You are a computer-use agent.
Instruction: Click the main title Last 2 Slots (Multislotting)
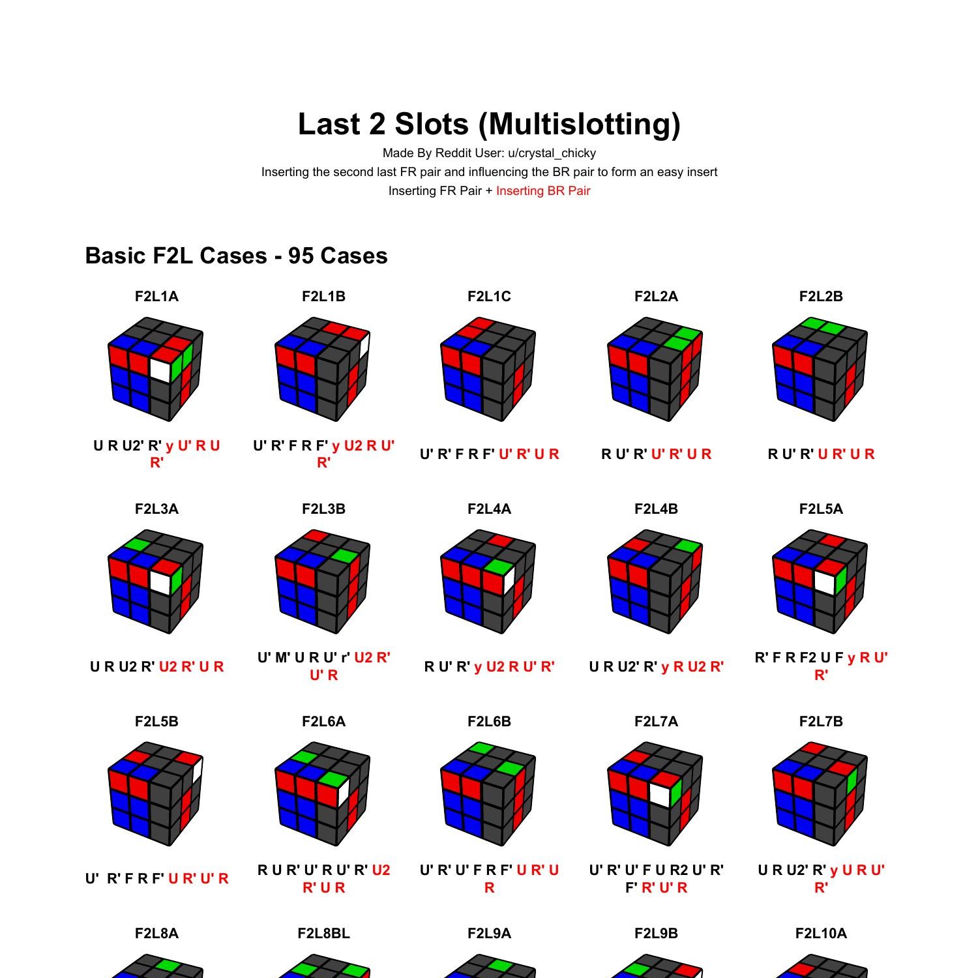click(489, 124)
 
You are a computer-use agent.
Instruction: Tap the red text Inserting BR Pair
click(543, 191)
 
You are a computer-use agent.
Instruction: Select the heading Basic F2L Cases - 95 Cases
click(236, 256)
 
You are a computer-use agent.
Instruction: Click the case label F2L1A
click(156, 297)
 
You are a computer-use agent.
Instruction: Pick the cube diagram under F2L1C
click(488, 369)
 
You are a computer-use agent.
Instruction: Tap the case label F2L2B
click(821, 297)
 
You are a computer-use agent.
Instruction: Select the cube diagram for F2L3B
click(323, 582)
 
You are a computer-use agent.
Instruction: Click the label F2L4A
click(489, 509)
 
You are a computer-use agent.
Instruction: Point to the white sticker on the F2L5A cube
click(825, 582)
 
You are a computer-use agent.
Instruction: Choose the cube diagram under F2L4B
click(655, 582)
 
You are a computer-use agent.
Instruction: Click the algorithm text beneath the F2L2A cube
click(656, 454)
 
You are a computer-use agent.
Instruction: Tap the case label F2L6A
click(323, 722)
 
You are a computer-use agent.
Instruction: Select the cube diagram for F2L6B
click(488, 794)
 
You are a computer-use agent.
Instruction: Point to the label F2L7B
click(821, 722)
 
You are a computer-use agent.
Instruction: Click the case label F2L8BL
click(323, 934)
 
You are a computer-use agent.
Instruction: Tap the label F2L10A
click(821, 934)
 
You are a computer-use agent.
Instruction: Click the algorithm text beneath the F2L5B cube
click(157, 879)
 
